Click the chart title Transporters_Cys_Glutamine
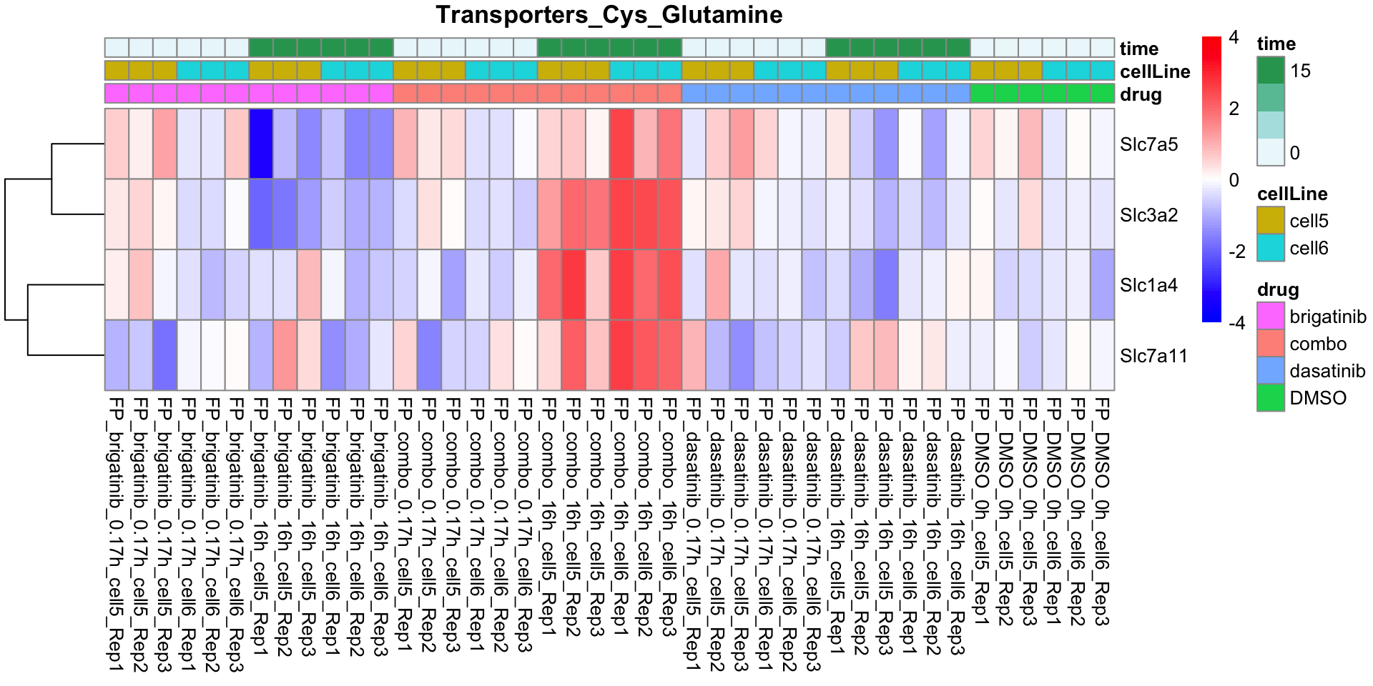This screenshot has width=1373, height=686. [x=609, y=15]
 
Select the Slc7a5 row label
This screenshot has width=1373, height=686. [x=1148, y=144]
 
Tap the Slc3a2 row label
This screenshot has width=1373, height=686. [x=1148, y=215]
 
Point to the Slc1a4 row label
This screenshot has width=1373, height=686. [x=1148, y=285]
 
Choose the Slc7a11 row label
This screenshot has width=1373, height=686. [x=1153, y=356]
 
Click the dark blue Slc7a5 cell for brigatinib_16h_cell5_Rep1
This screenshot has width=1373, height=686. [x=261, y=144]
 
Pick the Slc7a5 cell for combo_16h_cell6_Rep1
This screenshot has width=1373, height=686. [x=621, y=144]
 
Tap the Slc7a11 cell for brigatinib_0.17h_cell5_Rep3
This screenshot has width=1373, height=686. [x=165, y=355]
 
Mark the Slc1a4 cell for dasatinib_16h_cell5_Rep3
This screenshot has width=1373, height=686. [x=886, y=284]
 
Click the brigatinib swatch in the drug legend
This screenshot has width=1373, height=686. [x=1271, y=317]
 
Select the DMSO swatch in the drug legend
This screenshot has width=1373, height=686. [x=1271, y=398]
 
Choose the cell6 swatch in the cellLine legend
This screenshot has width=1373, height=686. [x=1271, y=248]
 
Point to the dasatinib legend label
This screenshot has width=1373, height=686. [x=1327, y=371]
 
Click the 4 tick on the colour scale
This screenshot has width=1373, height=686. [x=1234, y=37]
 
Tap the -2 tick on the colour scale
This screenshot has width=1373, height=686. [x=1236, y=252]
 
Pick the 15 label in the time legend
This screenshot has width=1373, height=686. [x=1300, y=71]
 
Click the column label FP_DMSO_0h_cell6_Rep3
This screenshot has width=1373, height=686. [x=1102, y=512]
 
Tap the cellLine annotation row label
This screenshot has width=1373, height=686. [x=1155, y=71]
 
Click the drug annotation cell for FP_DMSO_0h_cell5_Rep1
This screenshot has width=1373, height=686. [x=982, y=94]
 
